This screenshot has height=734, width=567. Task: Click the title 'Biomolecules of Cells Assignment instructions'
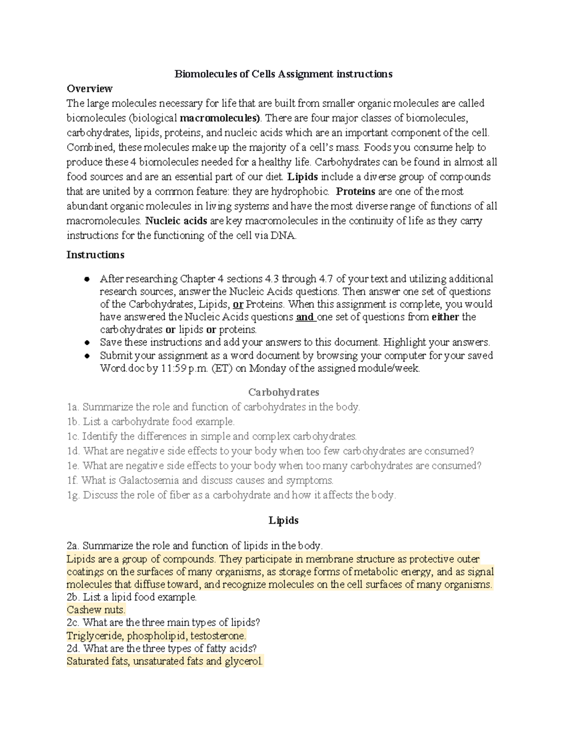[283, 74]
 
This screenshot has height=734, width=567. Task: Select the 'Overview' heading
[89, 89]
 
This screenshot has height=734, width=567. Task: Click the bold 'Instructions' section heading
[95, 255]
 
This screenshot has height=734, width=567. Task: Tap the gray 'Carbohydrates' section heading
[283, 392]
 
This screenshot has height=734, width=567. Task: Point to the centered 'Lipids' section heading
[283, 520]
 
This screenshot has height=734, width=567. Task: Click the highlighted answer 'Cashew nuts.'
[96, 610]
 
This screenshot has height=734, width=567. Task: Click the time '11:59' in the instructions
[174, 368]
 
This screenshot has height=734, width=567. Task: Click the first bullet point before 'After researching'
[86, 279]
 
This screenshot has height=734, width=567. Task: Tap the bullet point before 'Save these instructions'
[86, 343]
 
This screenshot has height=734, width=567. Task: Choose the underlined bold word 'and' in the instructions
[304, 317]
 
